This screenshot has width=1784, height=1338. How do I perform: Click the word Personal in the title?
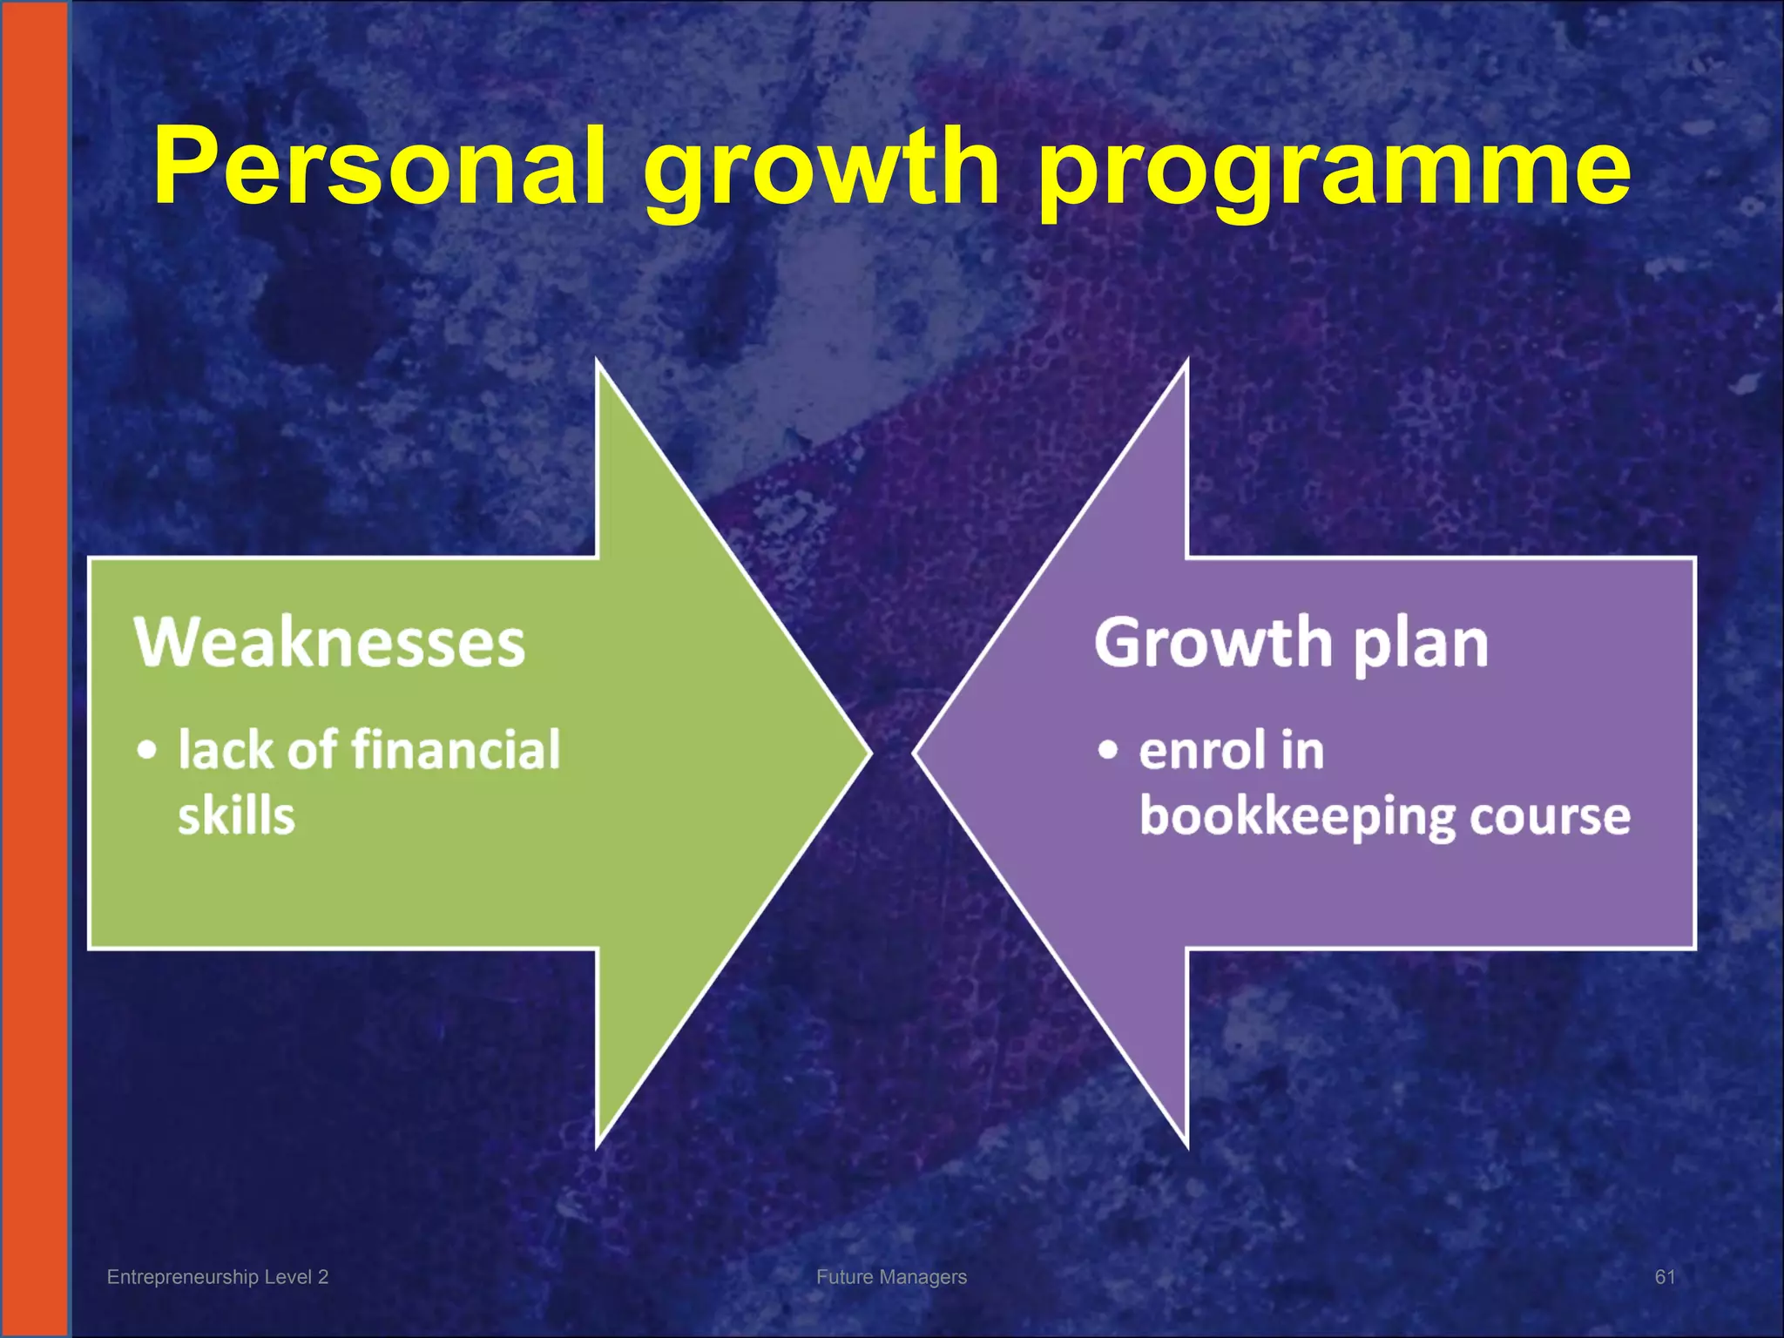pyautogui.click(x=380, y=166)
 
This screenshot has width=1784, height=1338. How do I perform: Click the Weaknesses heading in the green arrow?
pyautogui.click(x=329, y=643)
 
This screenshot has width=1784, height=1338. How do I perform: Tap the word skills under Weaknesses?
pyautogui.click(x=236, y=816)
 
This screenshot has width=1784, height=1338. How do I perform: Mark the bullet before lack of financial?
pyautogui.click(x=148, y=750)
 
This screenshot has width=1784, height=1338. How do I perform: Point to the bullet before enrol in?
pyautogui.click(x=1107, y=750)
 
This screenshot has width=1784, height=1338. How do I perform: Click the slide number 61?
pyautogui.click(x=1665, y=1277)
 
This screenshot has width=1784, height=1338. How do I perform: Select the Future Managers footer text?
pyautogui.click(x=891, y=1277)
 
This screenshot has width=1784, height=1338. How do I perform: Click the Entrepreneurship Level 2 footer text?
pyautogui.click(x=218, y=1277)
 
